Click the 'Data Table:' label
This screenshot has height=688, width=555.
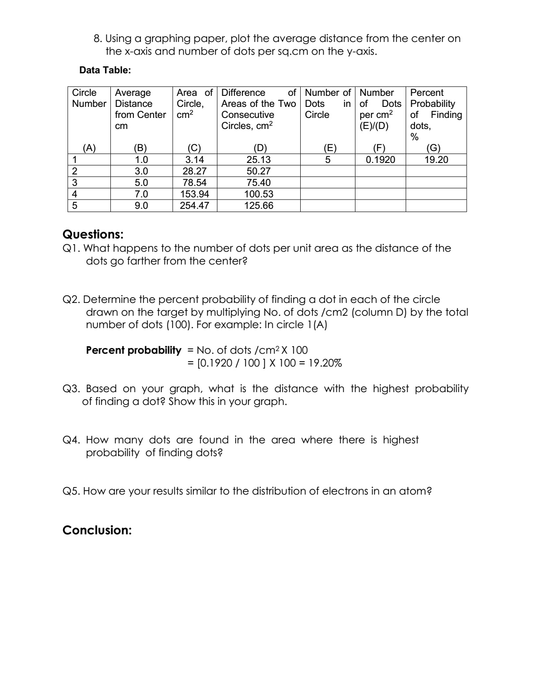point(105,70)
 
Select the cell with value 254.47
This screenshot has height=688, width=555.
point(194,206)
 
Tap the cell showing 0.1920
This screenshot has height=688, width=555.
point(380,160)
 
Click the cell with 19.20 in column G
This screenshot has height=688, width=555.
point(436,160)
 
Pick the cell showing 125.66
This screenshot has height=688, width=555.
point(259,206)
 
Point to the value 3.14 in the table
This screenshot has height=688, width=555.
point(194,160)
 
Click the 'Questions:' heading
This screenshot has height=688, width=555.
point(93,234)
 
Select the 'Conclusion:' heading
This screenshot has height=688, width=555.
point(97,530)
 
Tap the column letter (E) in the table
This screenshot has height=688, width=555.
point(327,148)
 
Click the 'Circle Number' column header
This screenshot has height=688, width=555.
point(89,98)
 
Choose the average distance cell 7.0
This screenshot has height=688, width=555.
point(141,194)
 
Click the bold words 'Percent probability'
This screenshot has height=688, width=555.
point(133,351)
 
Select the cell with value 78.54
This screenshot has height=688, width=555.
point(194,183)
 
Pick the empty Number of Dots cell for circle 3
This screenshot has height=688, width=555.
point(327,183)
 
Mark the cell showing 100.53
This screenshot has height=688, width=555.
point(259,194)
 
